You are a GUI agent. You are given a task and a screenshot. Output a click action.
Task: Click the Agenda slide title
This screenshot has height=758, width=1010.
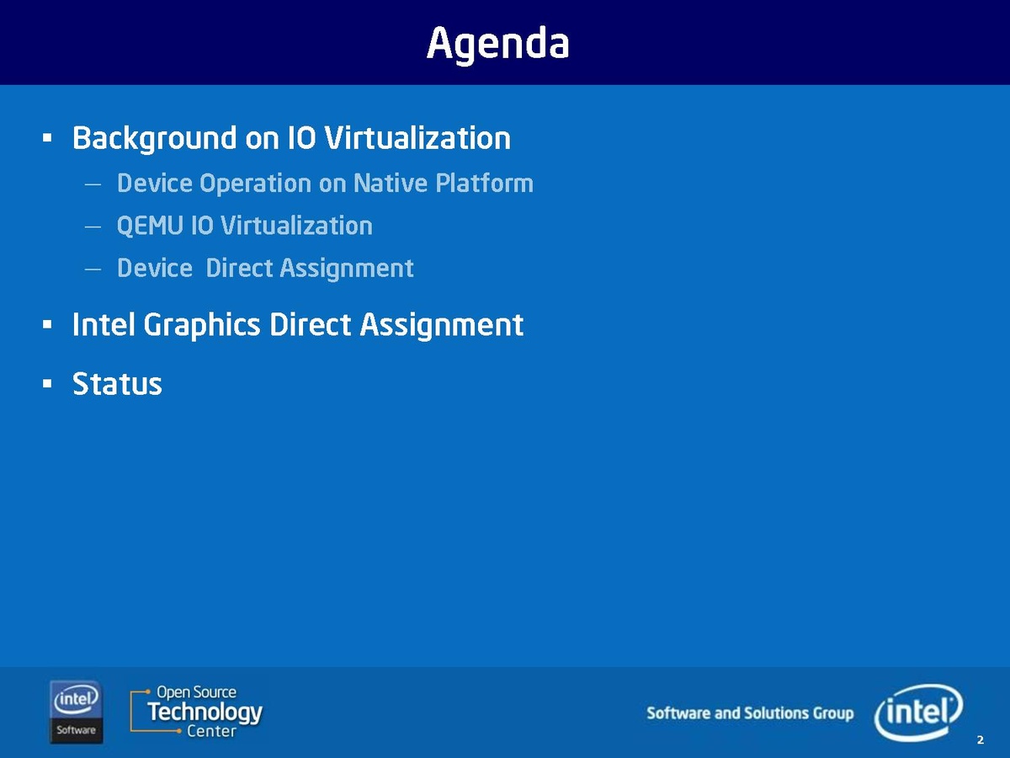pyautogui.click(x=498, y=44)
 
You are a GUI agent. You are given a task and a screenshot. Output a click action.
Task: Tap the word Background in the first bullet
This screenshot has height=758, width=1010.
pyautogui.click(x=155, y=138)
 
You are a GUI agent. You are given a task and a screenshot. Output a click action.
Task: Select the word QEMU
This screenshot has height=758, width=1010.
pyautogui.click(x=150, y=226)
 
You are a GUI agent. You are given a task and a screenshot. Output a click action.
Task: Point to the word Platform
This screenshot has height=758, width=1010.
pyautogui.click(x=485, y=183)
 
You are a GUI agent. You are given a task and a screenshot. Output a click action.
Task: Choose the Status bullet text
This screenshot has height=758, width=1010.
pyautogui.click(x=117, y=384)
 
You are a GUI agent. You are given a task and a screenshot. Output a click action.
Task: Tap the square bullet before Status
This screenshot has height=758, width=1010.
pyautogui.click(x=47, y=383)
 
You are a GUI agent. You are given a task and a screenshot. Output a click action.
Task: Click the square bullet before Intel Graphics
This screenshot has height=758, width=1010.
pyautogui.click(x=47, y=325)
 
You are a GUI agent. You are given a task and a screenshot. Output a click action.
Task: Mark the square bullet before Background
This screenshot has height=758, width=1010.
pyautogui.click(x=47, y=137)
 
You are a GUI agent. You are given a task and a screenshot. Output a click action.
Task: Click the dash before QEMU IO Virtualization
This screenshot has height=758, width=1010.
pyautogui.click(x=93, y=227)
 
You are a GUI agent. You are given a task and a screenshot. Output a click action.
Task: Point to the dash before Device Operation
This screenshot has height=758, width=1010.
pyautogui.click(x=93, y=184)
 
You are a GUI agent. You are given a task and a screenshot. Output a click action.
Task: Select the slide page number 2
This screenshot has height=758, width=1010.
pyautogui.click(x=980, y=740)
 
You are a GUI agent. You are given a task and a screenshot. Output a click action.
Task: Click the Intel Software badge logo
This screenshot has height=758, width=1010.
pyautogui.click(x=77, y=712)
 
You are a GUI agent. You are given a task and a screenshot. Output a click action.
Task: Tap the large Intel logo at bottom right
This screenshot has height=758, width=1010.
pyautogui.click(x=918, y=712)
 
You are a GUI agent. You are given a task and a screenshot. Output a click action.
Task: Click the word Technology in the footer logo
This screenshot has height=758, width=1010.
pyautogui.click(x=205, y=713)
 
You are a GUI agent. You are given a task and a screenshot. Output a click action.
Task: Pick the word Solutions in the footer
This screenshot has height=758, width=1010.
pyautogui.click(x=777, y=713)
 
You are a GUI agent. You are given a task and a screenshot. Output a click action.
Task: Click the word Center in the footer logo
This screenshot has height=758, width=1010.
pyautogui.click(x=211, y=731)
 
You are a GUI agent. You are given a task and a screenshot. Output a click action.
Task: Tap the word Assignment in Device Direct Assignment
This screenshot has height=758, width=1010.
pyautogui.click(x=347, y=269)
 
